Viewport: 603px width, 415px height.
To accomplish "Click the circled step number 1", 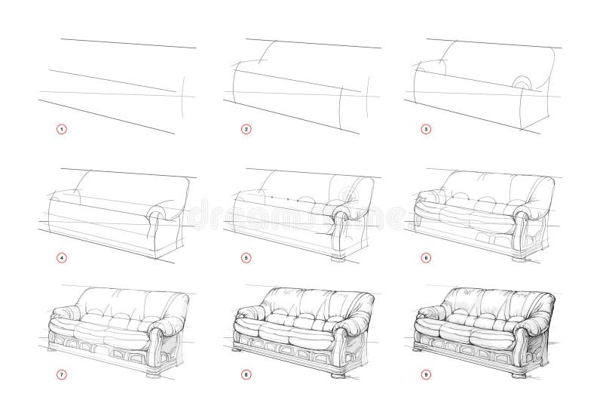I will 63,129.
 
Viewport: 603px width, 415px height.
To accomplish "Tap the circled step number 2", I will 246,129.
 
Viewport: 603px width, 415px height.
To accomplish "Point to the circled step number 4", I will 63,257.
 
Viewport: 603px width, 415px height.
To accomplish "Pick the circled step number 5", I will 246,257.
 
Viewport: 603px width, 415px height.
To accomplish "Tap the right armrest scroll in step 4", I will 158,214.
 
